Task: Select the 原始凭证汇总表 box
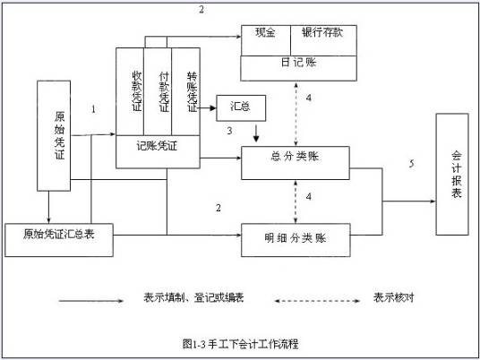click(x=60, y=235)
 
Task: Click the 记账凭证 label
click(x=157, y=144)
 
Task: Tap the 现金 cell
click(x=265, y=33)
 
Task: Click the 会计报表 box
click(x=456, y=175)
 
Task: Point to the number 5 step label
click(x=411, y=164)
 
